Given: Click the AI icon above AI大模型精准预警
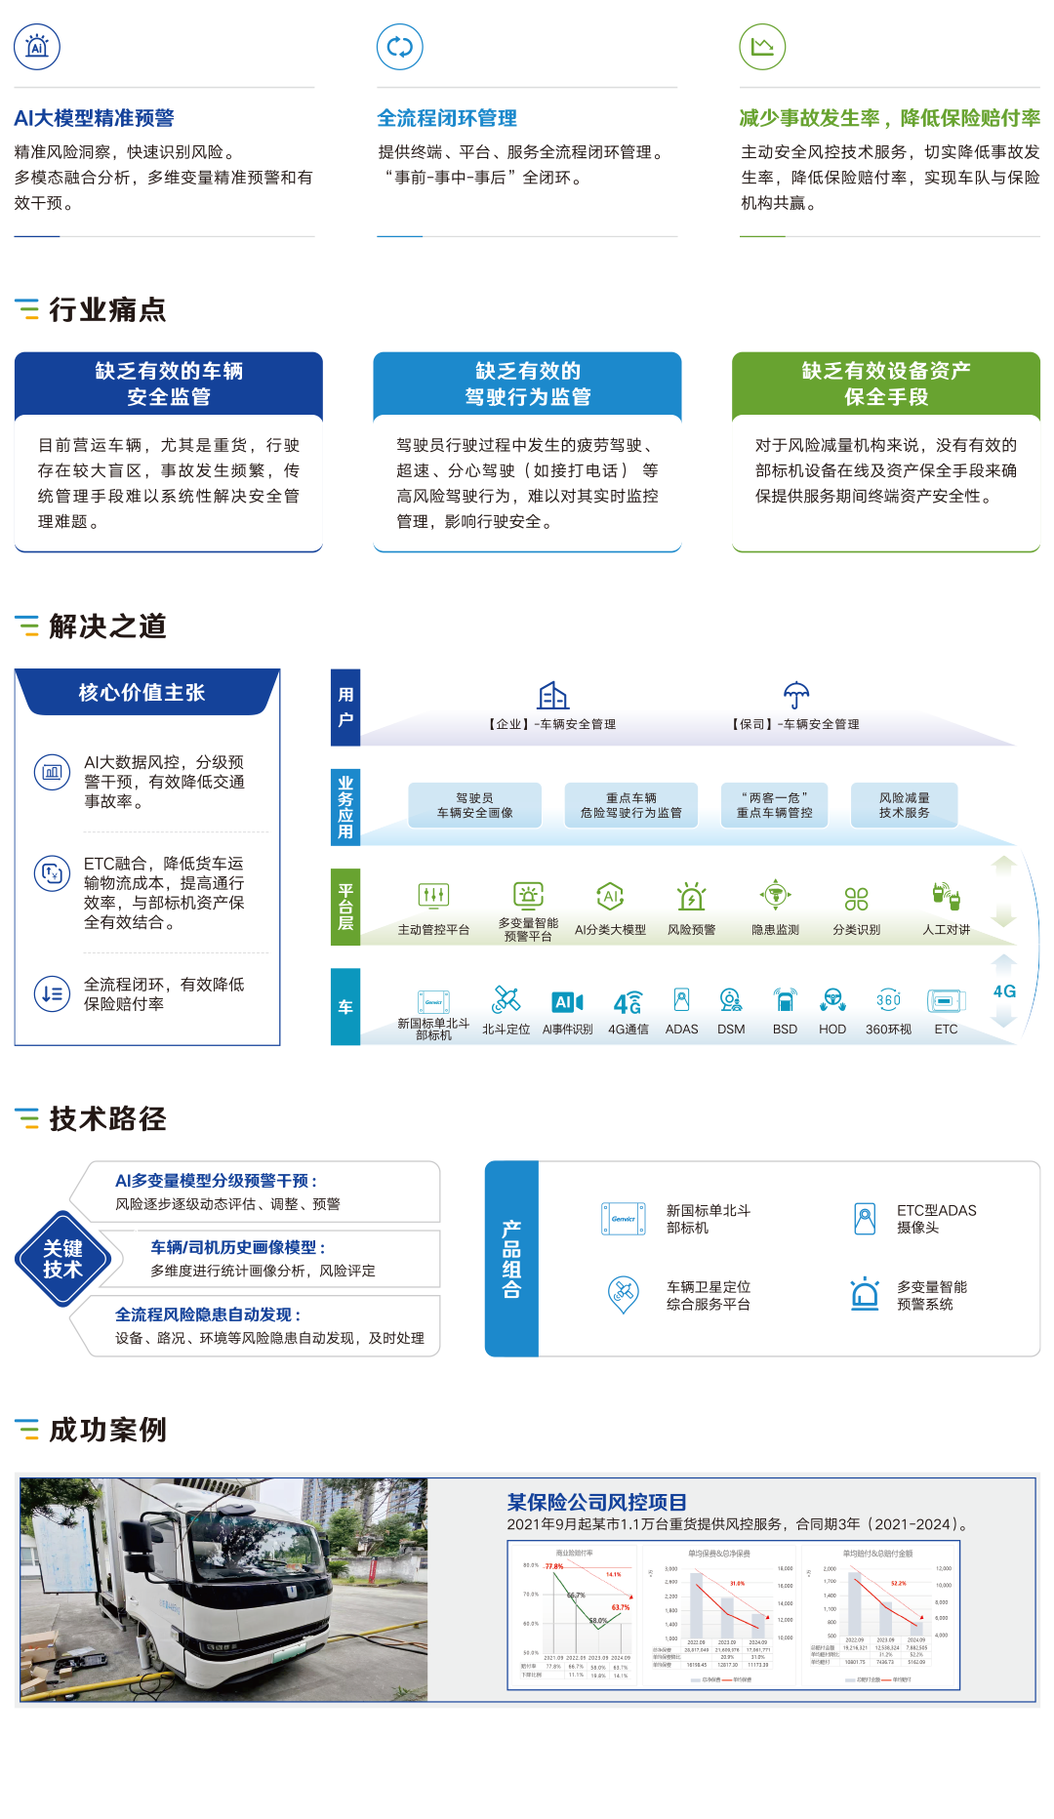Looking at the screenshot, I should [37, 47].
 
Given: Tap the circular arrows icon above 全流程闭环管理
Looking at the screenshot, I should [400, 47].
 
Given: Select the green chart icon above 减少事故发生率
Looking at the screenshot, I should [762, 47].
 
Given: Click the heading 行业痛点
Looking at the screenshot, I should [107, 309].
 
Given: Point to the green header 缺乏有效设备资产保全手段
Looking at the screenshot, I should [886, 384].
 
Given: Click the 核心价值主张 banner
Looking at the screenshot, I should [142, 693].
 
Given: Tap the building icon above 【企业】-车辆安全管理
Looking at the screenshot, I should [553, 695].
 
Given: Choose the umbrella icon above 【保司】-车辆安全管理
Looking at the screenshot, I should [796, 695].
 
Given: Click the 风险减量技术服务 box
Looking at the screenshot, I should [904, 805].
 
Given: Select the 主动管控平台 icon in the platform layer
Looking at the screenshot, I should [433, 895].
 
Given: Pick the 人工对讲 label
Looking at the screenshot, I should [947, 930].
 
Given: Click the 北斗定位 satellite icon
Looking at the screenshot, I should [506, 998].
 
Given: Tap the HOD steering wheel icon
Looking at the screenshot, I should [832, 998].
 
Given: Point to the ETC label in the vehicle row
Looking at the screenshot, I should [946, 1030].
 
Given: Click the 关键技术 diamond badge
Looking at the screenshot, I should [62, 1259].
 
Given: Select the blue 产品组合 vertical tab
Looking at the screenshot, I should [511, 1259].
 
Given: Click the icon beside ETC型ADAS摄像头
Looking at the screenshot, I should [864, 1219].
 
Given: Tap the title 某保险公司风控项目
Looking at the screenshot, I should [596, 1503].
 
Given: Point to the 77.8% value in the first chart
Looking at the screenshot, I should [554, 1566].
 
